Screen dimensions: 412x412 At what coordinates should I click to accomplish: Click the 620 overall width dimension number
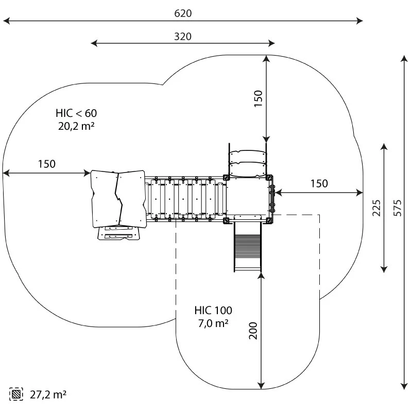click(x=183, y=13)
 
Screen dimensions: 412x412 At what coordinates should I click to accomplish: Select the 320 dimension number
click(x=183, y=36)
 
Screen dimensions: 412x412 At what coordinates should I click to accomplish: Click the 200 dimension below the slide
click(x=253, y=330)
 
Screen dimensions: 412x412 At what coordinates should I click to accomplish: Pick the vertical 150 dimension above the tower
click(x=258, y=98)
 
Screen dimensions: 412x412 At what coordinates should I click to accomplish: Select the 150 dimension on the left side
click(x=46, y=164)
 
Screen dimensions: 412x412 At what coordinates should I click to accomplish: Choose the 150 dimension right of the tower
click(x=319, y=183)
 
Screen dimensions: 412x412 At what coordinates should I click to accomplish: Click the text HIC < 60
click(x=76, y=113)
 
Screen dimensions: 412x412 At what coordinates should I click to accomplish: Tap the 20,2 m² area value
click(x=76, y=126)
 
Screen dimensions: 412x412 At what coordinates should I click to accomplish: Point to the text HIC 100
click(x=213, y=311)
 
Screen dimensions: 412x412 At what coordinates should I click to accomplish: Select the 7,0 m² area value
click(x=213, y=323)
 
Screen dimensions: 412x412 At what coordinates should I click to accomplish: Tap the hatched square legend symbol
click(x=16, y=394)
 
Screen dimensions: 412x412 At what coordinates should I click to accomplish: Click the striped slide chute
click(x=248, y=245)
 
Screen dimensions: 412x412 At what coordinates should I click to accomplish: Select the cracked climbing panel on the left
click(x=118, y=199)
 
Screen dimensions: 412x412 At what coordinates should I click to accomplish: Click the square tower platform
click(x=248, y=198)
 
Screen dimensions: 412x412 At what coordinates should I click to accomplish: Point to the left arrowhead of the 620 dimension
click(x=5, y=21)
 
